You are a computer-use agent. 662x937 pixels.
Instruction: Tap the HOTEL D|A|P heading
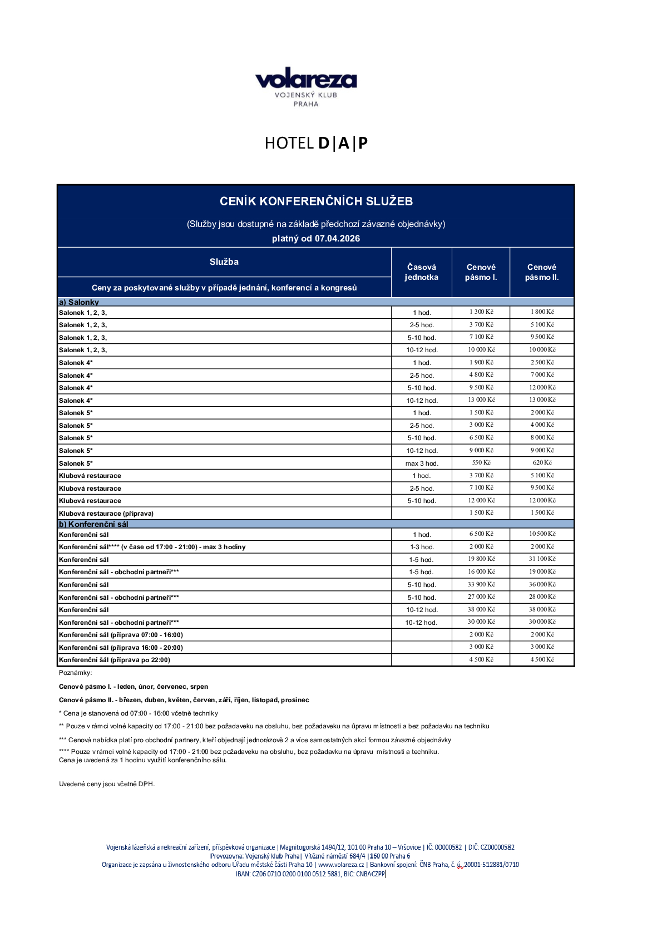tap(316, 144)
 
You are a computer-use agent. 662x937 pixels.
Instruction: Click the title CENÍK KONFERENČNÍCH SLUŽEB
tap(316, 201)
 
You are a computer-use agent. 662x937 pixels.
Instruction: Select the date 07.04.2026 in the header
tap(337, 239)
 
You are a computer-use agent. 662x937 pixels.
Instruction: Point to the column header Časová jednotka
tap(421, 272)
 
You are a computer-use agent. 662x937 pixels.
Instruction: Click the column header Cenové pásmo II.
tap(541, 272)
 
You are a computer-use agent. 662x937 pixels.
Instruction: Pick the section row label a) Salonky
tap(79, 302)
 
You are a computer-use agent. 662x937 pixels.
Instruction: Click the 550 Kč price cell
tap(481, 463)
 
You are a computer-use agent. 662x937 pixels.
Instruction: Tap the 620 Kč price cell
tap(542, 463)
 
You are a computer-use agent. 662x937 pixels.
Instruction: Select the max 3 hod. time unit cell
tap(422, 463)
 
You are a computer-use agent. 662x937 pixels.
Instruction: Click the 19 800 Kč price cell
tap(481, 559)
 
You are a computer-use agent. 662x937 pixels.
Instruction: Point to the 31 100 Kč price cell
tap(542, 559)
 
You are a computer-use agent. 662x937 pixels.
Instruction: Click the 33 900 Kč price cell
tap(481, 584)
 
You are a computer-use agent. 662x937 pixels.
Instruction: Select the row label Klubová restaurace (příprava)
tap(106, 514)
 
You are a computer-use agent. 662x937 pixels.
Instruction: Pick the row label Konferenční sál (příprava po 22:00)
tap(115, 660)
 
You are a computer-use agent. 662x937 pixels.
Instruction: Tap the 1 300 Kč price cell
tap(481, 312)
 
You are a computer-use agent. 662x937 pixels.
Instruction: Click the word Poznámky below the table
tap(75, 673)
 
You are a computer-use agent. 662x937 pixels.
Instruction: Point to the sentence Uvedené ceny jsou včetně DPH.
tap(107, 784)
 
